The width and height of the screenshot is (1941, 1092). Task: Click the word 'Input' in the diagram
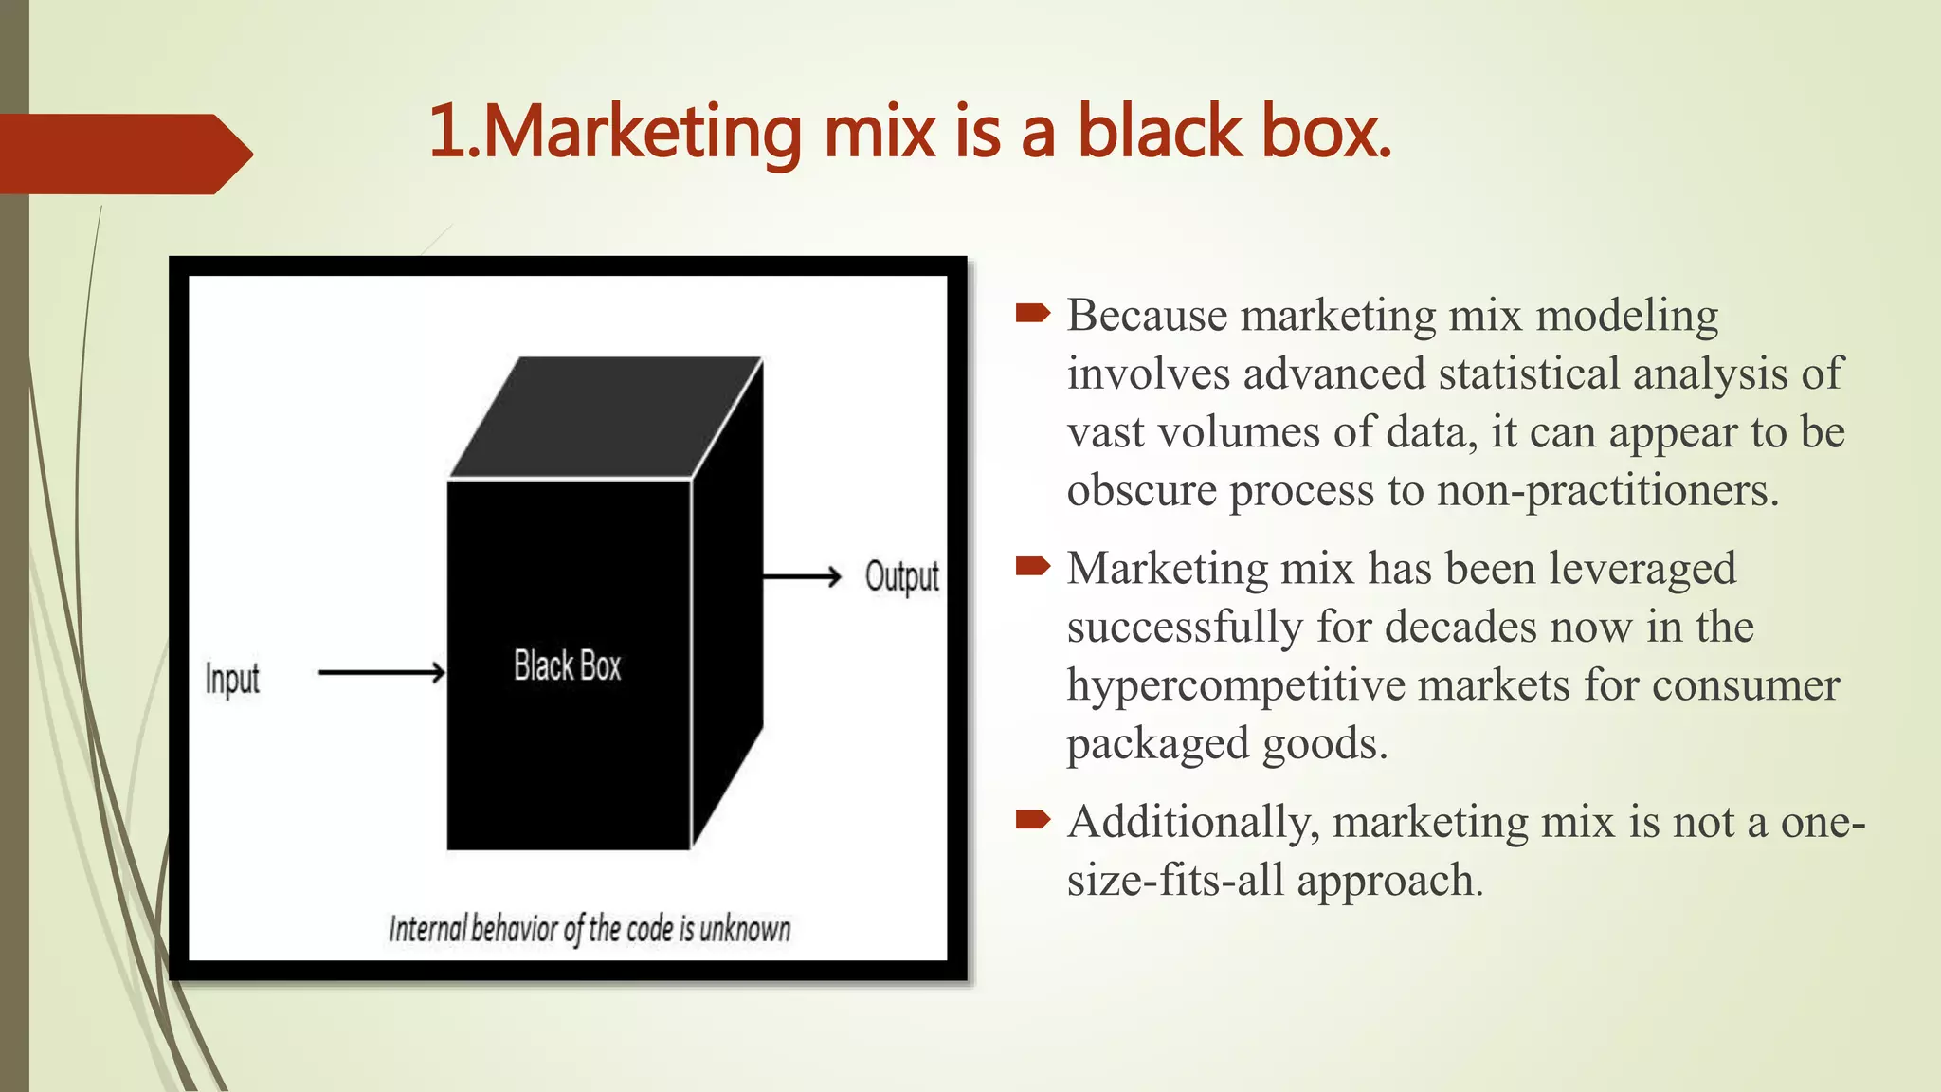pyautogui.click(x=232, y=679)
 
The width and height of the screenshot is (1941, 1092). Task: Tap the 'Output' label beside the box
pyautogui.click(x=901, y=576)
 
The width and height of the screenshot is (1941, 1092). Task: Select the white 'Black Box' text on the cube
pyautogui.click(x=567, y=665)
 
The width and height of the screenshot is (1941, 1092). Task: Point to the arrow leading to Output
pyautogui.click(x=802, y=576)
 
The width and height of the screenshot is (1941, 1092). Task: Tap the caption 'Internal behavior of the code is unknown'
pyautogui.click(x=590, y=929)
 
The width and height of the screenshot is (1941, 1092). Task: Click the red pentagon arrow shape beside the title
pyautogui.click(x=123, y=154)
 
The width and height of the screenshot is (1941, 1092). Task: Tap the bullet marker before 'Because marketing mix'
pyautogui.click(x=1032, y=312)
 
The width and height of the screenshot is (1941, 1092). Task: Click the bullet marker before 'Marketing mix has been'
pyautogui.click(x=1032, y=566)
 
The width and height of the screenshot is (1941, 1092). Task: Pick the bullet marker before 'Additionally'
pyautogui.click(x=1032, y=818)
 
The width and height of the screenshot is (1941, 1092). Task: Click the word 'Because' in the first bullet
pyautogui.click(x=1147, y=316)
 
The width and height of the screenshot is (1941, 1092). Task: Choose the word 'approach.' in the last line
pyautogui.click(x=1389, y=881)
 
